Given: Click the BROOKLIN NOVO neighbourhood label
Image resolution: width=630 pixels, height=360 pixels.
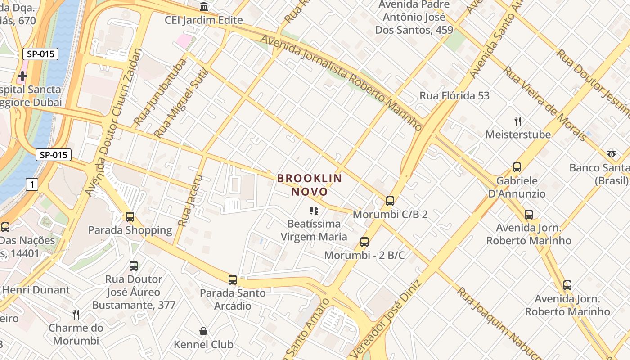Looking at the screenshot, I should point(310,185).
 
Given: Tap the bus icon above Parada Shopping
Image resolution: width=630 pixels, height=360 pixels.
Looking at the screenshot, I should point(130,217).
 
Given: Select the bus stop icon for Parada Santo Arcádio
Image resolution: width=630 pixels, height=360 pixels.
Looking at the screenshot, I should point(233,280).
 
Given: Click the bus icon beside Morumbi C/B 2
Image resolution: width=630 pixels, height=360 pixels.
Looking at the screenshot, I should point(390,201).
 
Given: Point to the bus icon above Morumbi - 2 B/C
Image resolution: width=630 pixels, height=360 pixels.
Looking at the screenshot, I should point(364,242).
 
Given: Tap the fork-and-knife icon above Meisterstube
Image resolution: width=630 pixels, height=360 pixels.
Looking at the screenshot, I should point(518,121).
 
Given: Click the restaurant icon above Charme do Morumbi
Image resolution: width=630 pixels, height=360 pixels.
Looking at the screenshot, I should point(76,314).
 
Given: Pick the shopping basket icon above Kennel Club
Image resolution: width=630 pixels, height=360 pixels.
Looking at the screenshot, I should point(203,332).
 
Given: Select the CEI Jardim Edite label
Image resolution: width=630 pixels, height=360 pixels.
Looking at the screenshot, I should point(204,20).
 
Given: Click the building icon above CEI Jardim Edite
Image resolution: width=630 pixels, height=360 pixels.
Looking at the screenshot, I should point(204,7).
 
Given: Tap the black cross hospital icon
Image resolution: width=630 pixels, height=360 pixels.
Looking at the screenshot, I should point(22,76).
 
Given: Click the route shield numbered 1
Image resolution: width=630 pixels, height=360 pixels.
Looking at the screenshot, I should point(31,184).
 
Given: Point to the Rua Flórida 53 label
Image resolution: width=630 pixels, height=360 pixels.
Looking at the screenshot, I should point(454,95).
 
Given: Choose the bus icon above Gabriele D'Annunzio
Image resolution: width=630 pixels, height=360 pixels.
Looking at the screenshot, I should point(517,167).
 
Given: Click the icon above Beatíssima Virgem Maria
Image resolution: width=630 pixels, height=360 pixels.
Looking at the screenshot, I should point(314,210).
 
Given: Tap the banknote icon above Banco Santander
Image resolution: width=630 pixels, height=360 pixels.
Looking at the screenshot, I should point(612,154).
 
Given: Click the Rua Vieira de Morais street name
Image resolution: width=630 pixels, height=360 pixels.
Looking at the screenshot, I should point(544,103).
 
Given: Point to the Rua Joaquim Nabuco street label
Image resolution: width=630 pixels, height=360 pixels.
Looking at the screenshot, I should point(495,322).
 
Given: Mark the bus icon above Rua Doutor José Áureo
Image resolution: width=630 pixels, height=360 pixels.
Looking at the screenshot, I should point(134,265).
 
